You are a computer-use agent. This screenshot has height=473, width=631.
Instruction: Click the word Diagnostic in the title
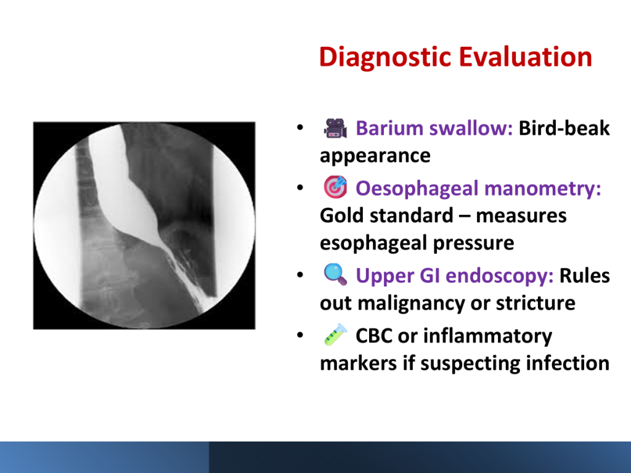[x=385, y=58]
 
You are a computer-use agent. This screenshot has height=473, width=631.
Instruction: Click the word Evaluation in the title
[x=526, y=57]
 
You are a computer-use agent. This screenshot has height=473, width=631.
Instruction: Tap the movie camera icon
[x=335, y=128]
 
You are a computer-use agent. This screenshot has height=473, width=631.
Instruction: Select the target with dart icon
[x=335, y=187]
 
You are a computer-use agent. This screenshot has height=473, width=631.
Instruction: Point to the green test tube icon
[x=335, y=334]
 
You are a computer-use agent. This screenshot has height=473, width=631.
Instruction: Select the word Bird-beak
[x=564, y=128]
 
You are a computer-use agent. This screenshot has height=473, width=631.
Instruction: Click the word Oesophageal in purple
[x=417, y=188]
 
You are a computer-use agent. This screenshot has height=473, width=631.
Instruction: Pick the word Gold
[x=342, y=216]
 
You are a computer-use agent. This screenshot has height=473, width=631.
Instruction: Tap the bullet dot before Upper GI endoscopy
[x=300, y=275]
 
